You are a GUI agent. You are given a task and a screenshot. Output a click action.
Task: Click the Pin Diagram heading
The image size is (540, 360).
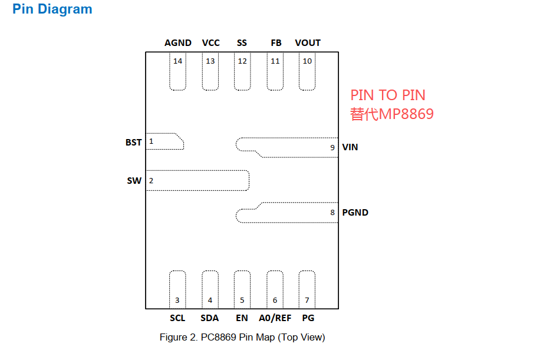(52, 9)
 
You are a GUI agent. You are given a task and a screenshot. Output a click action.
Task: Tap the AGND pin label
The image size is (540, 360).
(177, 43)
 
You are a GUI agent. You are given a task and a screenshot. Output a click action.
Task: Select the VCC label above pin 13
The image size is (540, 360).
(211, 43)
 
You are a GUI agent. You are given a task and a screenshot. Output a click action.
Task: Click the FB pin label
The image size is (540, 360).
(276, 43)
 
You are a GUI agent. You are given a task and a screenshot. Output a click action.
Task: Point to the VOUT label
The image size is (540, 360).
(308, 43)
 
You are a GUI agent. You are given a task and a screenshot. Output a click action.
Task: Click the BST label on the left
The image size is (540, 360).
(134, 143)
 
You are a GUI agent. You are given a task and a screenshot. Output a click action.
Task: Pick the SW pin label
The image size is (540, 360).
(134, 181)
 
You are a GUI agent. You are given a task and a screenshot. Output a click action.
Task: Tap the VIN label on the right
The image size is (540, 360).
(350, 147)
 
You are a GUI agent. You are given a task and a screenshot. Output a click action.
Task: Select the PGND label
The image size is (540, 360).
(355, 213)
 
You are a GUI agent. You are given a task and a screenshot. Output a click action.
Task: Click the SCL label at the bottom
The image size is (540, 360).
(177, 318)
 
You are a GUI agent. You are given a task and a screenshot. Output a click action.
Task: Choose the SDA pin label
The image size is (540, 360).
(210, 318)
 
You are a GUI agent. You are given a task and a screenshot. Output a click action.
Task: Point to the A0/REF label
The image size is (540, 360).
(275, 318)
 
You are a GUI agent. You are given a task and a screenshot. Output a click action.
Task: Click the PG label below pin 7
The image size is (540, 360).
(308, 318)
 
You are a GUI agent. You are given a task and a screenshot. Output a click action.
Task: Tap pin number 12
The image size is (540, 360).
(242, 61)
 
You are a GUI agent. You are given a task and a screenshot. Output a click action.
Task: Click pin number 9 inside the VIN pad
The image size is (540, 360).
(332, 148)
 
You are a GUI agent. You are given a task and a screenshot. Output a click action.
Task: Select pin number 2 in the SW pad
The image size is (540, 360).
(151, 181)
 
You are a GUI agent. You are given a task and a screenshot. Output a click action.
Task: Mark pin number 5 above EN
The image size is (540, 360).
(242, 300)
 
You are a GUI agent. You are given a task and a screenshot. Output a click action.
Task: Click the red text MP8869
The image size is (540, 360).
(406, 114)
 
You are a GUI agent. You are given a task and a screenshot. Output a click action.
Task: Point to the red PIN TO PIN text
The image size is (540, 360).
(388, 95)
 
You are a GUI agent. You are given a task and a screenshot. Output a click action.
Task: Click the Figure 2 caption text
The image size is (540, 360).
(242, 337)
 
